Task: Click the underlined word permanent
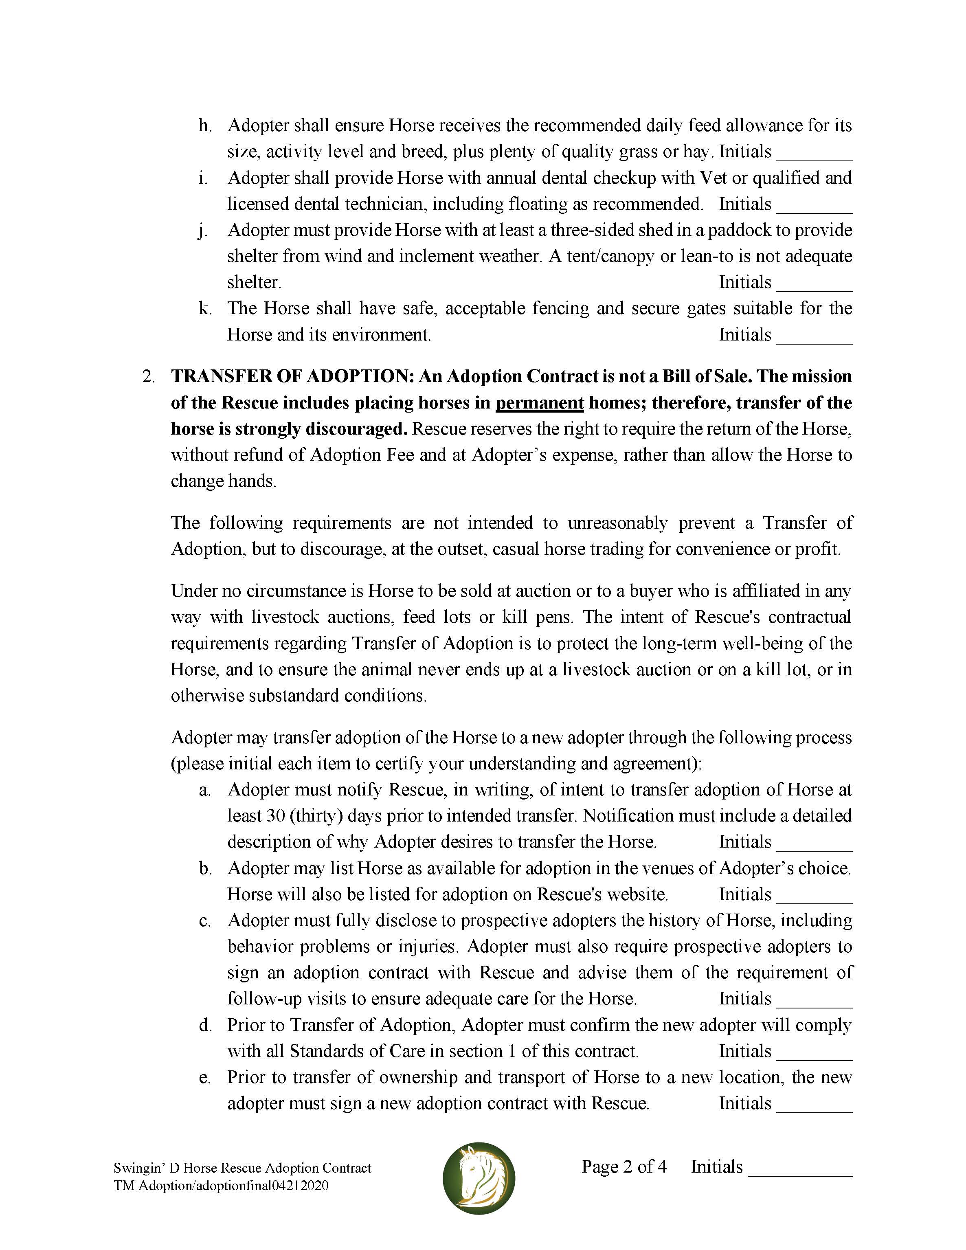click(539, 403)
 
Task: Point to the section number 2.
click(148, 377)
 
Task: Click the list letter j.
click(202, 231)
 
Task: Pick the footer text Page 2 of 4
click(624, 1167)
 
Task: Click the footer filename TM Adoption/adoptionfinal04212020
click(221, 1185)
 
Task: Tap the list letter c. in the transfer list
click(205, 921)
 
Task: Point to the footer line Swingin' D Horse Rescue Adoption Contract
click(243, 1168)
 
